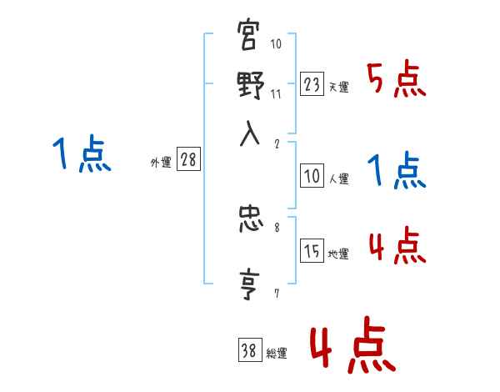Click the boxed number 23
click(312, 83)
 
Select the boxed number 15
click(312, 252)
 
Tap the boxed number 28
click(188, 161)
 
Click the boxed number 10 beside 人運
click(312, 176)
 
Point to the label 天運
click(338, 87)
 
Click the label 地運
click(338, 254)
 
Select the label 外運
click(161, 163)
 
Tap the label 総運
click(276, 354)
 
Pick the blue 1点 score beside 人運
click(396, 172)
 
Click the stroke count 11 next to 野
click(276, 94)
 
